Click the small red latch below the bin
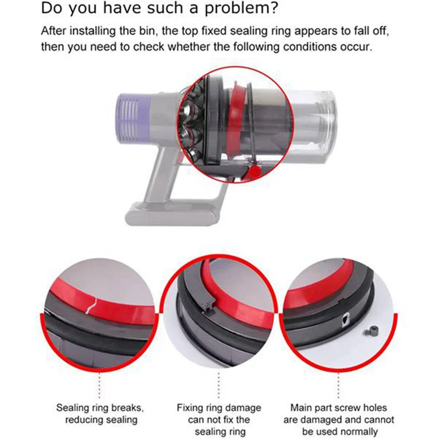tap(255, 173)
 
